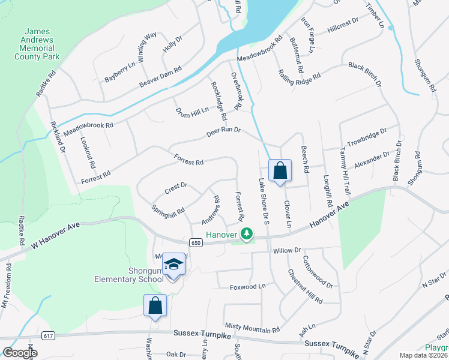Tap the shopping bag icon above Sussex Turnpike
tap(155, 305)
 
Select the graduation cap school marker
tap(173, 265)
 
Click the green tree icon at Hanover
tap(246, 233)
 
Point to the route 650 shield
tap(195, 242)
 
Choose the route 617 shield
tap(49, 336)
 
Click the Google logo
tap(20, 353)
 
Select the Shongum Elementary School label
tap(129, 274)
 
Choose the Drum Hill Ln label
tap(192, 110)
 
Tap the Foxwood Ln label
tap(247, 287)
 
